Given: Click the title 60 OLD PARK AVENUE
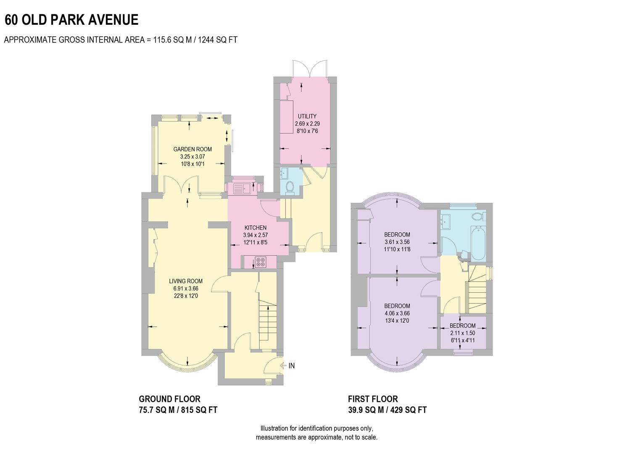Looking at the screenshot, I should point(71,20).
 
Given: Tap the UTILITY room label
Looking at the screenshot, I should point(307,116).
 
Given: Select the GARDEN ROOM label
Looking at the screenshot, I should point(192,149).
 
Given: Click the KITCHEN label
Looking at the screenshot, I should point(256,228).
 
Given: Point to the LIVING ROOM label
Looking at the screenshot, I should point(186,281).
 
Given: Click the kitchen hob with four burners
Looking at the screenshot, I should point(261,262).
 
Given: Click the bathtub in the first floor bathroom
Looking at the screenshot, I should point(478,243).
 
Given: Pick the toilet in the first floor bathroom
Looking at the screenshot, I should point(477,216).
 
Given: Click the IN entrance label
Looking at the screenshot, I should point(291,366).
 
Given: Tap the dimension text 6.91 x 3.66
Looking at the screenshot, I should point(186,288).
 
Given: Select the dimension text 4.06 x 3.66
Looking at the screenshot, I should point(397,313).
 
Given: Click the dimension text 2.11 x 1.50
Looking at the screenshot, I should point(462,333).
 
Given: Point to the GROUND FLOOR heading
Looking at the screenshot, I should point(170,399).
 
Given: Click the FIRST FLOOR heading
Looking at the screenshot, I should point(373,399).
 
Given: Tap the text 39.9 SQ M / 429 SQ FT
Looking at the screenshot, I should point(387,410).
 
